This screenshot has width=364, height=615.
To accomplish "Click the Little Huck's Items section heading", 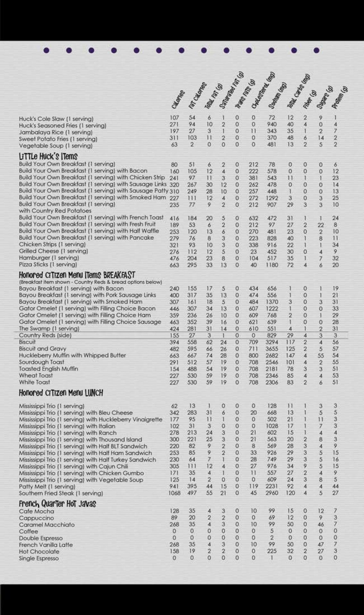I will point(48,157).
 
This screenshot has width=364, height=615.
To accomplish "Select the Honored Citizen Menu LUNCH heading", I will point(61,393).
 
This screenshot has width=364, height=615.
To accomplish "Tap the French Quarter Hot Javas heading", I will point(57,504).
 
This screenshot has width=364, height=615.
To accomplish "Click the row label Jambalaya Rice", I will point(55,132).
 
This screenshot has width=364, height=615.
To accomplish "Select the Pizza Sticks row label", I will point(48,265).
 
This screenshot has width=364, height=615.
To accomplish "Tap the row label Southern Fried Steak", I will point(61,493).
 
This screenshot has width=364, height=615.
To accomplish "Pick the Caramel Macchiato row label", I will point(47,525).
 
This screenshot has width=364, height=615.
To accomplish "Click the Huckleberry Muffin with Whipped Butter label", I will point(72,356).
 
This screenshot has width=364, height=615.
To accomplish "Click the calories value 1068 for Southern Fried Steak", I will point(174,493).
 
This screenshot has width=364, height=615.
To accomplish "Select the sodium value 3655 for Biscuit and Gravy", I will point(272,349).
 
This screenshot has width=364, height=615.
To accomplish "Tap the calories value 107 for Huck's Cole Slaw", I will point(174,118).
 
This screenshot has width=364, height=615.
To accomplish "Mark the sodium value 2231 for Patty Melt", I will point(272,487).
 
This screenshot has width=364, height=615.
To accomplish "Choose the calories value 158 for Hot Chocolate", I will point(174,552).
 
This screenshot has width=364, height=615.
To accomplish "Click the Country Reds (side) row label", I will point(45,335).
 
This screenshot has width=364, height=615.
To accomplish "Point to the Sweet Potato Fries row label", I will point(58,139).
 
